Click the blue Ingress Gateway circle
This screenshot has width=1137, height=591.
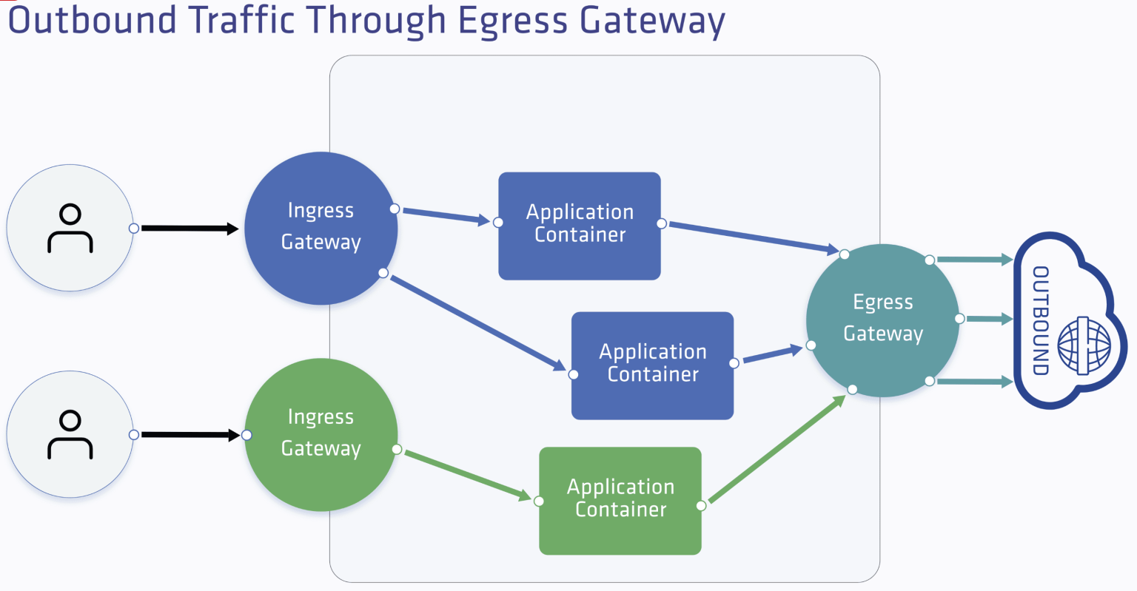[321, 228]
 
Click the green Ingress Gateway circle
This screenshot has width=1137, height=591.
[321, 434]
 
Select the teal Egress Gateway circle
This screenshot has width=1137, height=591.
[882, 320]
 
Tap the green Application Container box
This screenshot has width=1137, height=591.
[620, 500]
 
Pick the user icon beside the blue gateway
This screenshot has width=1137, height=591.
[70, 229]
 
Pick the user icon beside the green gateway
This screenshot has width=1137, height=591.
[70, 434]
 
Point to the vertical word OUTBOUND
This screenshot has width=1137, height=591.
[1041, 320]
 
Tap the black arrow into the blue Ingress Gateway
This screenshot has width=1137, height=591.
[189, 229]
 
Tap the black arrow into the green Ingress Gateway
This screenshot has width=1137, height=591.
[189, 435]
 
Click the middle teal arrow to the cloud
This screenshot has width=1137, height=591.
[989, 319]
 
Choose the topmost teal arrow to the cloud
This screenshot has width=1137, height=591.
[974, 260]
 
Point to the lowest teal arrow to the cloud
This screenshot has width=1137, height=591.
[974, 382]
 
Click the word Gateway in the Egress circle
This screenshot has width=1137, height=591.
[883, 334]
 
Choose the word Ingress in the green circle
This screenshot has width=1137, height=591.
[321, 417]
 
